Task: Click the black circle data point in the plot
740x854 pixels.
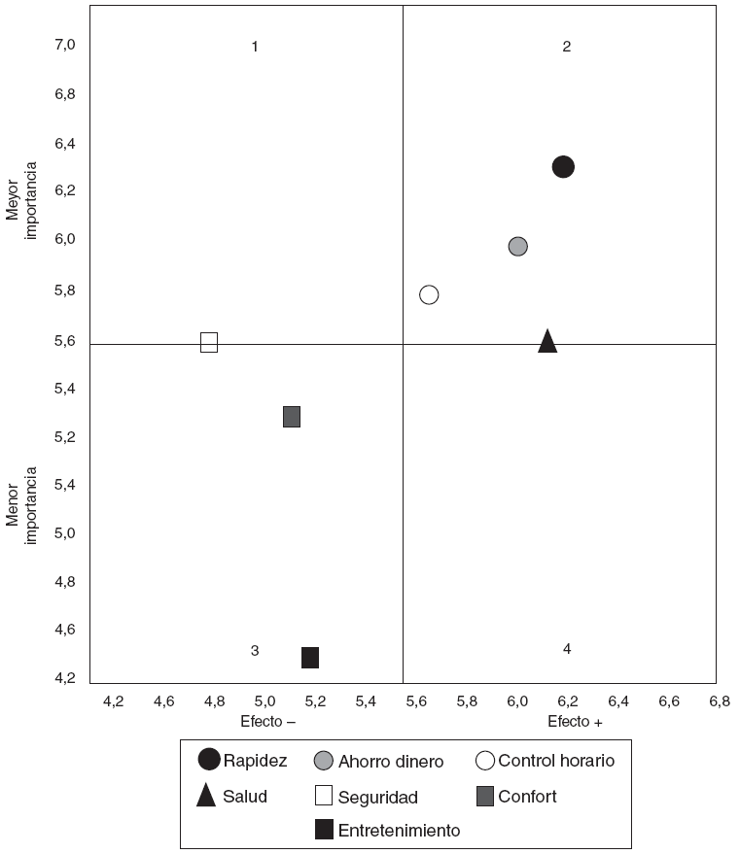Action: pyautogui.click(x=563, y=167)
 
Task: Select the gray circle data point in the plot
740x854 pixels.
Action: pyautogui.click(x=518, y=247)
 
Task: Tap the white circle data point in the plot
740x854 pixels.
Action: pyautogui.click(x=429, y=294)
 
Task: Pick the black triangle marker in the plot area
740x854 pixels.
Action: pyautogui.click(x=547, y=341)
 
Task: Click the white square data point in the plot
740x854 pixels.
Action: pyautogui.click(x=209, y=342)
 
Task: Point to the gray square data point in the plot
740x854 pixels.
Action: pyautogui.click(x=292, y=417)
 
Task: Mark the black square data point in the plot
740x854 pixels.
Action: pyautogui.click(x=310, y=658)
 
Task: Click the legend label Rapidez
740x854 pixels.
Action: pyautogui.click(x=255, y=761)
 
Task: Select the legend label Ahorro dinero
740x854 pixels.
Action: pyautogui.click(x=390, y=762)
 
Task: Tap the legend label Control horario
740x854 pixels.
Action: pyautogui.click(x=556, y=761)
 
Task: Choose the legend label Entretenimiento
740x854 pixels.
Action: pyautogui.click(x=399, y=831)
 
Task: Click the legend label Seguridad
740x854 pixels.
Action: pyautogui.click(x=377, y=798)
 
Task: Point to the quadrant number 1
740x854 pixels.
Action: pyautogui.click(x=255, y=47)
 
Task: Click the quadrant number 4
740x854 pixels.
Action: pyautogui.click(x=566, y=649)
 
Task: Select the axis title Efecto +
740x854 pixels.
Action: pyautogui.click(x=575, y=722)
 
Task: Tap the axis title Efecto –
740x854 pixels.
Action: pyautogui.click(x=267, y=722)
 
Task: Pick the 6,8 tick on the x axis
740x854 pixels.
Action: pyautogui.click(x=719, y=700)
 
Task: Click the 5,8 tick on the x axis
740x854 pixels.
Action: pyautogui.click(x=467, y=700)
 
